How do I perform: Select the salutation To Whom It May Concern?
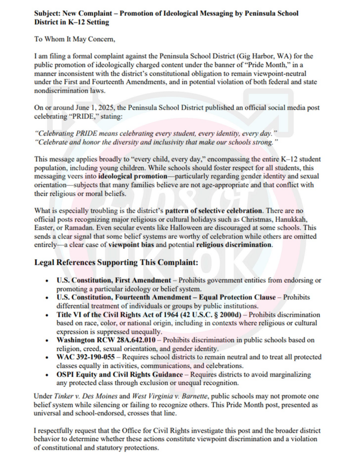coord(75,39)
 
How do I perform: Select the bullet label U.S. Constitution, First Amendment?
coord(114,280)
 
